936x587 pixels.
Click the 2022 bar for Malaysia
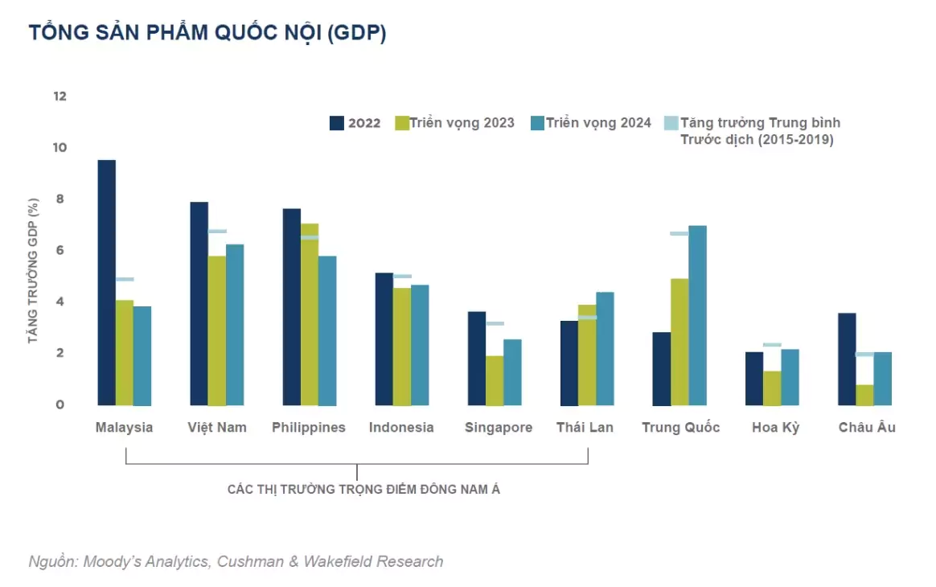106,282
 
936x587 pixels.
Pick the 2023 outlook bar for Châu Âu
864,395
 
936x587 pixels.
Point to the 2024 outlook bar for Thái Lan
605,348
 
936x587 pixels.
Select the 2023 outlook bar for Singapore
495,380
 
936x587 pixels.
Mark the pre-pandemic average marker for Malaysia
125,279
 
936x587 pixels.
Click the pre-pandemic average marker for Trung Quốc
679,233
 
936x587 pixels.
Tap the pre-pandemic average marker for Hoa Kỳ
772,344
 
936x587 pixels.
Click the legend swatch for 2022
337,123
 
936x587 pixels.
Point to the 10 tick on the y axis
60,147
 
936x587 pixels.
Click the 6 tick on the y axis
60,250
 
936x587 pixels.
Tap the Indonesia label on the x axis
401,427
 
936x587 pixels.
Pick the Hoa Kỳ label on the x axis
775,427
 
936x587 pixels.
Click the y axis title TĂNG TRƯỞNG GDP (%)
33,271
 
